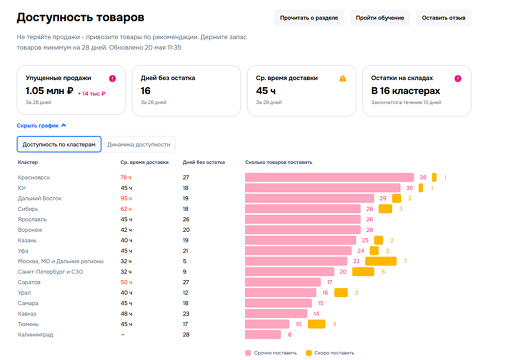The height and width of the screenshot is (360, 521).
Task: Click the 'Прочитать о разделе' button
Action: (309, 18)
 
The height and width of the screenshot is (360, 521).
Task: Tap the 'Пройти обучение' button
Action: (380, 18)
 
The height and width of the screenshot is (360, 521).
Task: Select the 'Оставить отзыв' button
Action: (443, 18)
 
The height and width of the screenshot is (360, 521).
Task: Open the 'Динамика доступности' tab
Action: (138, 145)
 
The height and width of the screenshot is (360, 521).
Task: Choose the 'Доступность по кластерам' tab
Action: (59, 145)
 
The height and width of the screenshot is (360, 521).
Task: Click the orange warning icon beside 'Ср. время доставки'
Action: (342, 78)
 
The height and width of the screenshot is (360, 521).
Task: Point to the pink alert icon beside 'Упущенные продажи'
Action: (113, 78)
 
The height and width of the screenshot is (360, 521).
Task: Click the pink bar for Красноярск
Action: (329, 177)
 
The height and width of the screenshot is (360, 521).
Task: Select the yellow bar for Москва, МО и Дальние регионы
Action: (380, 261)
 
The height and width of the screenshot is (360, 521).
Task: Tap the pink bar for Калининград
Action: (263, 335)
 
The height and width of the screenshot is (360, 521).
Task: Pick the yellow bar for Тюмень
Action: (317, 324)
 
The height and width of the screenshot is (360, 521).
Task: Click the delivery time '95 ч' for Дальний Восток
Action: (126, 198)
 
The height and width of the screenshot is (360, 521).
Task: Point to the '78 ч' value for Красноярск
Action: (126, 177)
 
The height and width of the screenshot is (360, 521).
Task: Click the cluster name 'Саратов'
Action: (29, 282)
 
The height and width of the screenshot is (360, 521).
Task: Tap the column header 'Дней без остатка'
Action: (204, 162)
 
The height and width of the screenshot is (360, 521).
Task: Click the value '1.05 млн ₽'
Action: (49, 91)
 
